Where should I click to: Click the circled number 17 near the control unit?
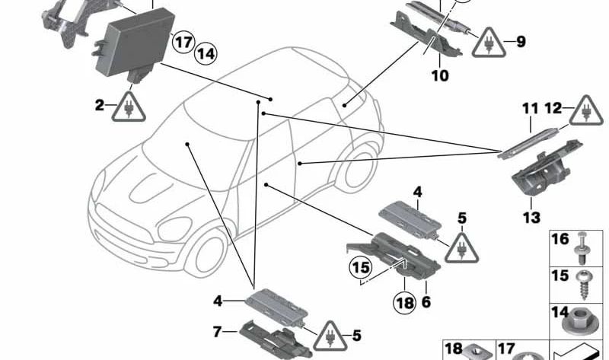183,42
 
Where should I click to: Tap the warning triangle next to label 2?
126,107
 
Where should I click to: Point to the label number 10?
440,75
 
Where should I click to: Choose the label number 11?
530,110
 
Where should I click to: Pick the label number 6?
426,302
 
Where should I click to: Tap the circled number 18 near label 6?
405,303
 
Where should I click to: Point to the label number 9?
521,42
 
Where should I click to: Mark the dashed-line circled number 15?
359,268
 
